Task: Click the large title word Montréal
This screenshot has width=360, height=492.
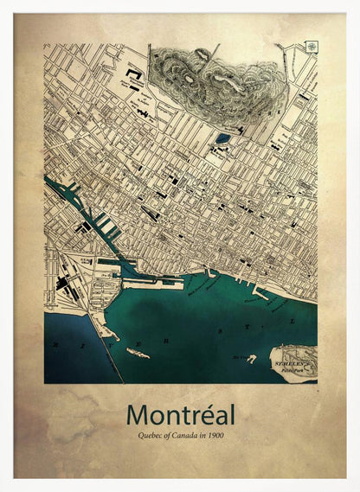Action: pos(180,414)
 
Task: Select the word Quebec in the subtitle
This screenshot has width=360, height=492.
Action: pos(149,435)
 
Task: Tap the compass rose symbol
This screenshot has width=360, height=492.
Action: pos(311,47)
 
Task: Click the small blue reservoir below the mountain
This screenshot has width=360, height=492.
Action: pos(223,138)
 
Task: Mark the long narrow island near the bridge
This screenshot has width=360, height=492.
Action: pos(138,353)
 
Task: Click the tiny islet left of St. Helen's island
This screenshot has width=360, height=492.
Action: pos(250,357)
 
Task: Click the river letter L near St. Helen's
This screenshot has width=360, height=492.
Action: pos(292,322)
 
